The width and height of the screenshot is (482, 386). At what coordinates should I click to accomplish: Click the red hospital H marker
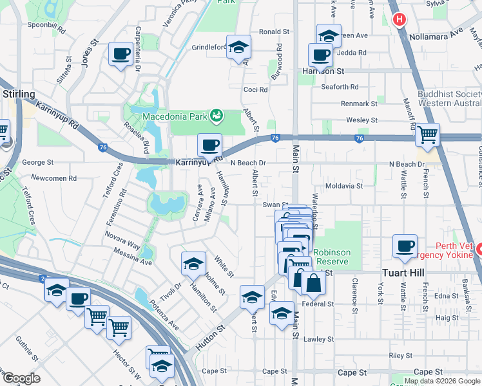[x=400, y=19]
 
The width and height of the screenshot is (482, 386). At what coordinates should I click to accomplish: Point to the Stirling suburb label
[x=19, y=95]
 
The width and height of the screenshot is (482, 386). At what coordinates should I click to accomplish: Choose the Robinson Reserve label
[x=331, y=257]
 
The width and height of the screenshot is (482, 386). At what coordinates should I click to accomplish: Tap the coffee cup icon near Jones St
[x=120, y=53]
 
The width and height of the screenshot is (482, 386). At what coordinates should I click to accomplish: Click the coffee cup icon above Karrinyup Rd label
[x=209, y=145]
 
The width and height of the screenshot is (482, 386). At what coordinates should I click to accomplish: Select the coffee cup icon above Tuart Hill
[x=405, y=246]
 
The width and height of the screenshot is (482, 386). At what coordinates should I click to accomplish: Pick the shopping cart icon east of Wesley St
[x=427, y=134]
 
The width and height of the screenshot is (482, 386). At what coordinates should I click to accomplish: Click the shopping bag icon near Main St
[x=313, y=282]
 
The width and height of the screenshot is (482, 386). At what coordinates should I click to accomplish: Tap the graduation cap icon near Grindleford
[x=238, y=47]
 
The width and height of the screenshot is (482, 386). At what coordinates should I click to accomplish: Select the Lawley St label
[x=320, y=339]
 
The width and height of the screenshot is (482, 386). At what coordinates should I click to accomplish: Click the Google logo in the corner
[x=21, y=378]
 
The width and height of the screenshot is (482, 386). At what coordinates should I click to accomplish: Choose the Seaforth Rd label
[x=340, y=87]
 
